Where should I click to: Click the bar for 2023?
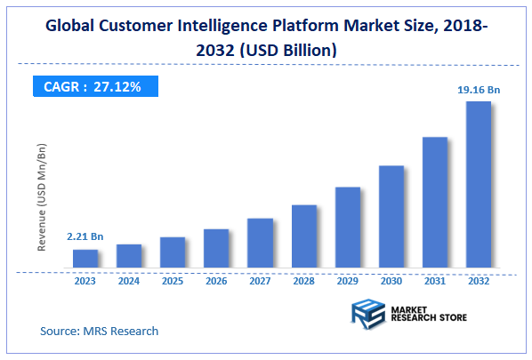pos(85,259)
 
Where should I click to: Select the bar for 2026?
pos(216,248)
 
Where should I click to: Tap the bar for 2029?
pos(348,228)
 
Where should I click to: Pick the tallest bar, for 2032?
pos(479,184)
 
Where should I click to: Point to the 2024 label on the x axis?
pos(129,280)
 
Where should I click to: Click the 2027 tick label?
pos(260,280)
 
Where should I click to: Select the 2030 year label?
pos(391,280)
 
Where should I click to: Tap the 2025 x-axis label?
pos(173,280)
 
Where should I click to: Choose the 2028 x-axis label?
pos(303,280)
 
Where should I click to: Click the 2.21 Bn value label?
pos(85,237)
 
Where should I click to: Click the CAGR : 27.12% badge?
pos(93,87)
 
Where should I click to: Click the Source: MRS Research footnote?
pos(99,331)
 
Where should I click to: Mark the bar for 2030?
pos(391,217)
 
